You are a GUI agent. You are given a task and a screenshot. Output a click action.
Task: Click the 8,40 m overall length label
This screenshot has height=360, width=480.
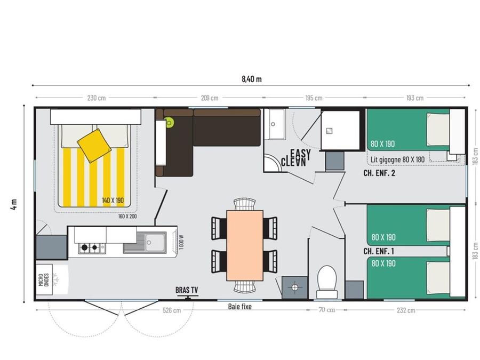tap(252, 79)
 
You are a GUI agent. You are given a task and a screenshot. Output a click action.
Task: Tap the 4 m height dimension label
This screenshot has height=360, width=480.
tap(14, 204)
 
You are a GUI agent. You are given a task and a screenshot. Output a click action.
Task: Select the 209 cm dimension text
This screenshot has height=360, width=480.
tap(210, 98)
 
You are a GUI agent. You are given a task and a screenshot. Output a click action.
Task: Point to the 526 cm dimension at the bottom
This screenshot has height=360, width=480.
tap(172, 310)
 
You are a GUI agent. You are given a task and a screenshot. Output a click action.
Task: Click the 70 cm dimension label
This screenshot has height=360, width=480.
tap(327, 310)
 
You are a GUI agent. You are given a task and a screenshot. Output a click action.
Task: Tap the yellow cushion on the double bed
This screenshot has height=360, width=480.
tap(94, 146)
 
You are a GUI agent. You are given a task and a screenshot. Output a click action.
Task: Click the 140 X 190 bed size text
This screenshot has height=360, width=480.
tap(113, 201)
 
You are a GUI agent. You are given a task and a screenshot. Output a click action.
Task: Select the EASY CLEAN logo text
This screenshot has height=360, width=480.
tap(295, 158)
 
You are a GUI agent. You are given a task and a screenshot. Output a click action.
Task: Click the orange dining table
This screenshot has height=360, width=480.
tap(245, 245)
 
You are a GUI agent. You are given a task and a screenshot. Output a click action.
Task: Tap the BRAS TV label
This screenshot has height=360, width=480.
tap(187, 290)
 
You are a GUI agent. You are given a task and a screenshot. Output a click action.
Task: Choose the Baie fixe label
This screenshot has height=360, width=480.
tap(239, 307)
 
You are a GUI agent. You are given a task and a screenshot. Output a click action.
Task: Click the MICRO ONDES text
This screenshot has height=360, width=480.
tap(44, 280)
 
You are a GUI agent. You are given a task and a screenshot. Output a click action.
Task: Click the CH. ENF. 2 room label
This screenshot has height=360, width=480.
tap(379, 173)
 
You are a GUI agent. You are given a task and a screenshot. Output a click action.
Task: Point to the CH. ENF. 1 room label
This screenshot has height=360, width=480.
tap(379, 251)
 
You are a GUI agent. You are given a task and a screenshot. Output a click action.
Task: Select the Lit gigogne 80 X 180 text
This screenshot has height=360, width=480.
tap(397, 159)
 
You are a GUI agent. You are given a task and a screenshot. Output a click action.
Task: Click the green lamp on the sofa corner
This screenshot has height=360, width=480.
tap(169, 123)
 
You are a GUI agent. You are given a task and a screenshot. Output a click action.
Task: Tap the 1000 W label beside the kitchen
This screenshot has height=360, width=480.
tap(181, 242)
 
